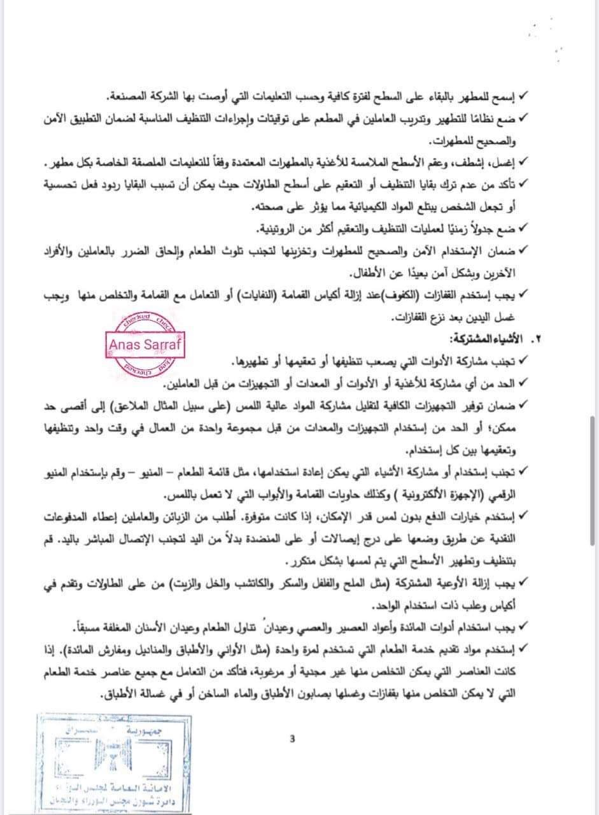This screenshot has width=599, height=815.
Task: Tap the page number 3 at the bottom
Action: [x=292, y=739]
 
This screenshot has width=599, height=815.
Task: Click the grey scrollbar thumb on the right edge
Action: [x=593, y=478]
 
